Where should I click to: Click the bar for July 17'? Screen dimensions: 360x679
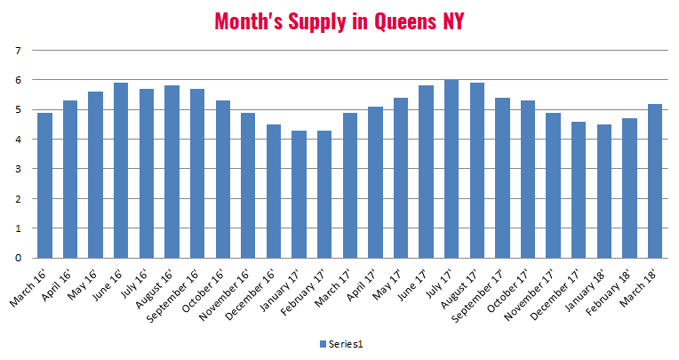[x=451, y=169]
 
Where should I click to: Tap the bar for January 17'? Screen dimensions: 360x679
[x=299, y=194]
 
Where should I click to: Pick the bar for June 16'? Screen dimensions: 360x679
[x=121, y=171]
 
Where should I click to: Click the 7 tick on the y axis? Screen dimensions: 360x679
[x=18, y=51]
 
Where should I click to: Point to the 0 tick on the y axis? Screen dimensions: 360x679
[x=18, y=258]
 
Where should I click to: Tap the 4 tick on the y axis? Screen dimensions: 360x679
[x=18, y=140]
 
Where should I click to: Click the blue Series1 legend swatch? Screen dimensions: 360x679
[x=322, y=343]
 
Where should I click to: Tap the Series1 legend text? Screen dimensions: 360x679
[x=344, y=343]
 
